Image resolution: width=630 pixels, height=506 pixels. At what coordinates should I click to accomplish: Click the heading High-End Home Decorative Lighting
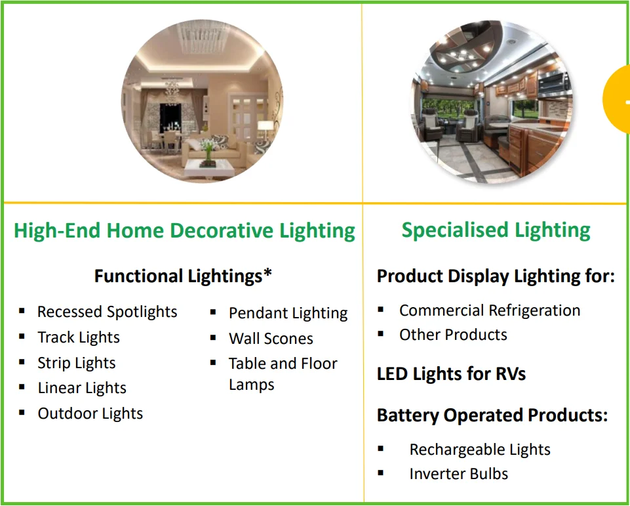pos(184,230)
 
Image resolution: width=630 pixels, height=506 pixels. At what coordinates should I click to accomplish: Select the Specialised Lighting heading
pos(496,230)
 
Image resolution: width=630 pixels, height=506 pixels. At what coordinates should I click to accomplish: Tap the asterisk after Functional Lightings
pos(267,274)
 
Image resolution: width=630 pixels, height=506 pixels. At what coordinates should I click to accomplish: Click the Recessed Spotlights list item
pos(108,312)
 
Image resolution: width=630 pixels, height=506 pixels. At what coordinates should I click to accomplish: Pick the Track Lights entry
pos(79,337)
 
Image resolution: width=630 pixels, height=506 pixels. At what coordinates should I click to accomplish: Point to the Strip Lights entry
pos(77,363)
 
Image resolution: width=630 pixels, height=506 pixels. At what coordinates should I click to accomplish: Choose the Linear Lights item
pos(82,388)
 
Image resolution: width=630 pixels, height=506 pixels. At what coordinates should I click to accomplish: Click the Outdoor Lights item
pos(90,413)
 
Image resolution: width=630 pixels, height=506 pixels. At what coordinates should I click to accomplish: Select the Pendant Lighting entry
pos(288,313)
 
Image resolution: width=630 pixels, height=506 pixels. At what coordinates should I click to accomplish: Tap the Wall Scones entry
pos(271,338)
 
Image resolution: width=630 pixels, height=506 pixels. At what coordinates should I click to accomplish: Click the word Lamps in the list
pos(252,385)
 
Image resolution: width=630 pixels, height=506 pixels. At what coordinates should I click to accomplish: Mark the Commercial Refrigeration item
pos(490,310)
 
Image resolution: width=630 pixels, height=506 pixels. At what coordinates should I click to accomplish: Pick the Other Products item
pos(453,335)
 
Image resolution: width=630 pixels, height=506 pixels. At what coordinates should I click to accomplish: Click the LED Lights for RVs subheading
pos(451,373)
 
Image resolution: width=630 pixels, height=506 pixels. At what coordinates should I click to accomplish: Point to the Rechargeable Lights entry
pos(480,450)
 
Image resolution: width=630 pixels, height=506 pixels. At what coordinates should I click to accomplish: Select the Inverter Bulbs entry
pos(458,474)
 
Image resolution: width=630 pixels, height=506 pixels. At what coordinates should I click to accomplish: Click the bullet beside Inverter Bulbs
pos(381,473)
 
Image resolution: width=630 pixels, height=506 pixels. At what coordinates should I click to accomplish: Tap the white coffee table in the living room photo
pos(209,168)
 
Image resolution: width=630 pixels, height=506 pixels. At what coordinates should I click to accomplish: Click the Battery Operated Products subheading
pos(492,415)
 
